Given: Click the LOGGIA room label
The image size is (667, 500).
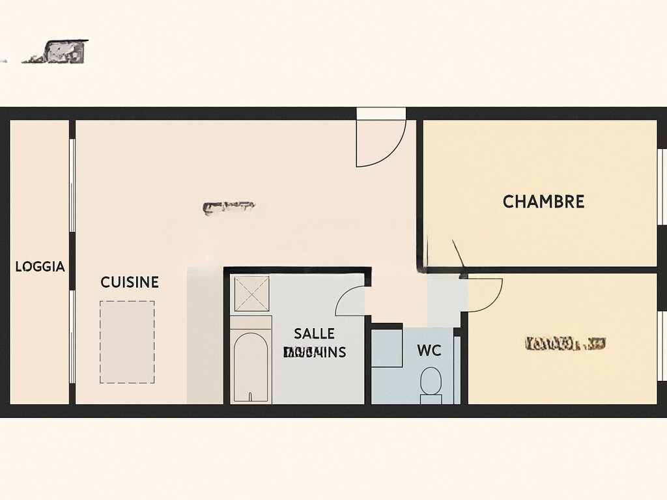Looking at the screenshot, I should click(x=40, y=266).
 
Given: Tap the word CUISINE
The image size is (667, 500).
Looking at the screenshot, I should click(x=130, y=282).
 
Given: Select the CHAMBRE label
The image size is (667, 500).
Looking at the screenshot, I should click(x=543, y=202).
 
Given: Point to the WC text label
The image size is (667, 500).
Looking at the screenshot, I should click(x=429, y=351).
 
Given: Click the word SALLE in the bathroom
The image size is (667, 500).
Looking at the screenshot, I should click(x=314, y=333).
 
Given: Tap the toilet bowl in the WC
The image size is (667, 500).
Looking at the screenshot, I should click(x=431, y=382).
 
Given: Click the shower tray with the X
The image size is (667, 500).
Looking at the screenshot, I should click(x=251, y=294).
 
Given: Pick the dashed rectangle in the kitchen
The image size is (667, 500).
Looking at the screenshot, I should click(x=127, y=342).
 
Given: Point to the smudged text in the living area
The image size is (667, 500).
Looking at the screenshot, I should click(x=228, y=207).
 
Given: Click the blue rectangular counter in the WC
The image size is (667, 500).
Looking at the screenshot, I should click(x=387, y=348).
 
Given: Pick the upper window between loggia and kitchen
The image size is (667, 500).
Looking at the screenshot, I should click(x=72, y=185).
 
